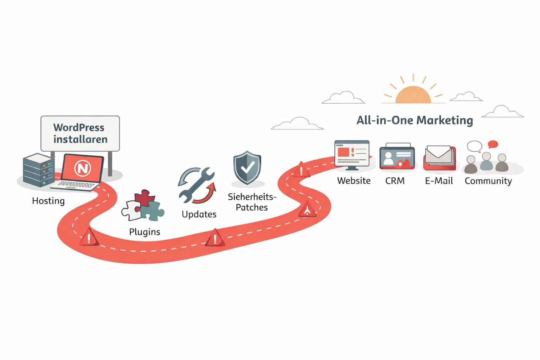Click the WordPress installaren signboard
[x=80, y=134]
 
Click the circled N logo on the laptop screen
[x=83, y=168]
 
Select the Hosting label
[x=49, y=201]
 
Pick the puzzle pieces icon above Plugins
[x=143, y=206]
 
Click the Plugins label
[x=144, y=232]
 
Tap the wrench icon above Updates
[x=197, y=185]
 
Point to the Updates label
[x=199, y=214]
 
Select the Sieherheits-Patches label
[x=252, y=202]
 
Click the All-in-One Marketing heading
[x=414, y=120]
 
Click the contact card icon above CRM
[x=397, y=157]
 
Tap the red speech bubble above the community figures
[x=493, y=144]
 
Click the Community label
[x=488, y=181]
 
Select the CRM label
[x=395, y=181]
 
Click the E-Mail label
[x=439, y=181]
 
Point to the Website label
[x=354, y=181]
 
